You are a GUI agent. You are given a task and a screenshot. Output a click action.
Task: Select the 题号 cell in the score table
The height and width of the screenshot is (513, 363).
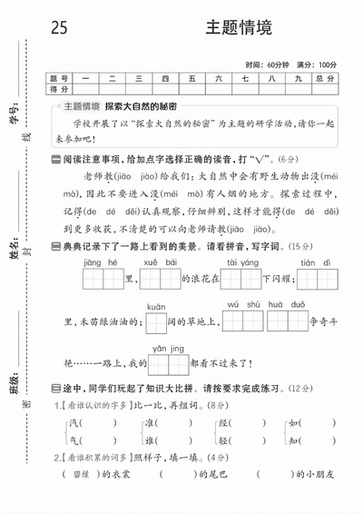click(x=60, y=78)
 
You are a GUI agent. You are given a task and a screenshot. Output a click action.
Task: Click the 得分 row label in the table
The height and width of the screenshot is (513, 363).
click(x=60, y=89)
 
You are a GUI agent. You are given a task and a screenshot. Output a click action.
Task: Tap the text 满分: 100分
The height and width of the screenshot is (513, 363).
click(x=316, y=65)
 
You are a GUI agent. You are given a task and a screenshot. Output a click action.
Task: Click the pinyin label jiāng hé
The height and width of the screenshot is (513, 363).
click(x=100, y=261)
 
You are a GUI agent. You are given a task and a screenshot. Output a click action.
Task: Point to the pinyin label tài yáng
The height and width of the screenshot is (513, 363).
click(x=242, y=261)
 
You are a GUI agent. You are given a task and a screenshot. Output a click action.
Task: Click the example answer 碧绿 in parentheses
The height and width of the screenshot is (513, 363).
click(x=81, y=474)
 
